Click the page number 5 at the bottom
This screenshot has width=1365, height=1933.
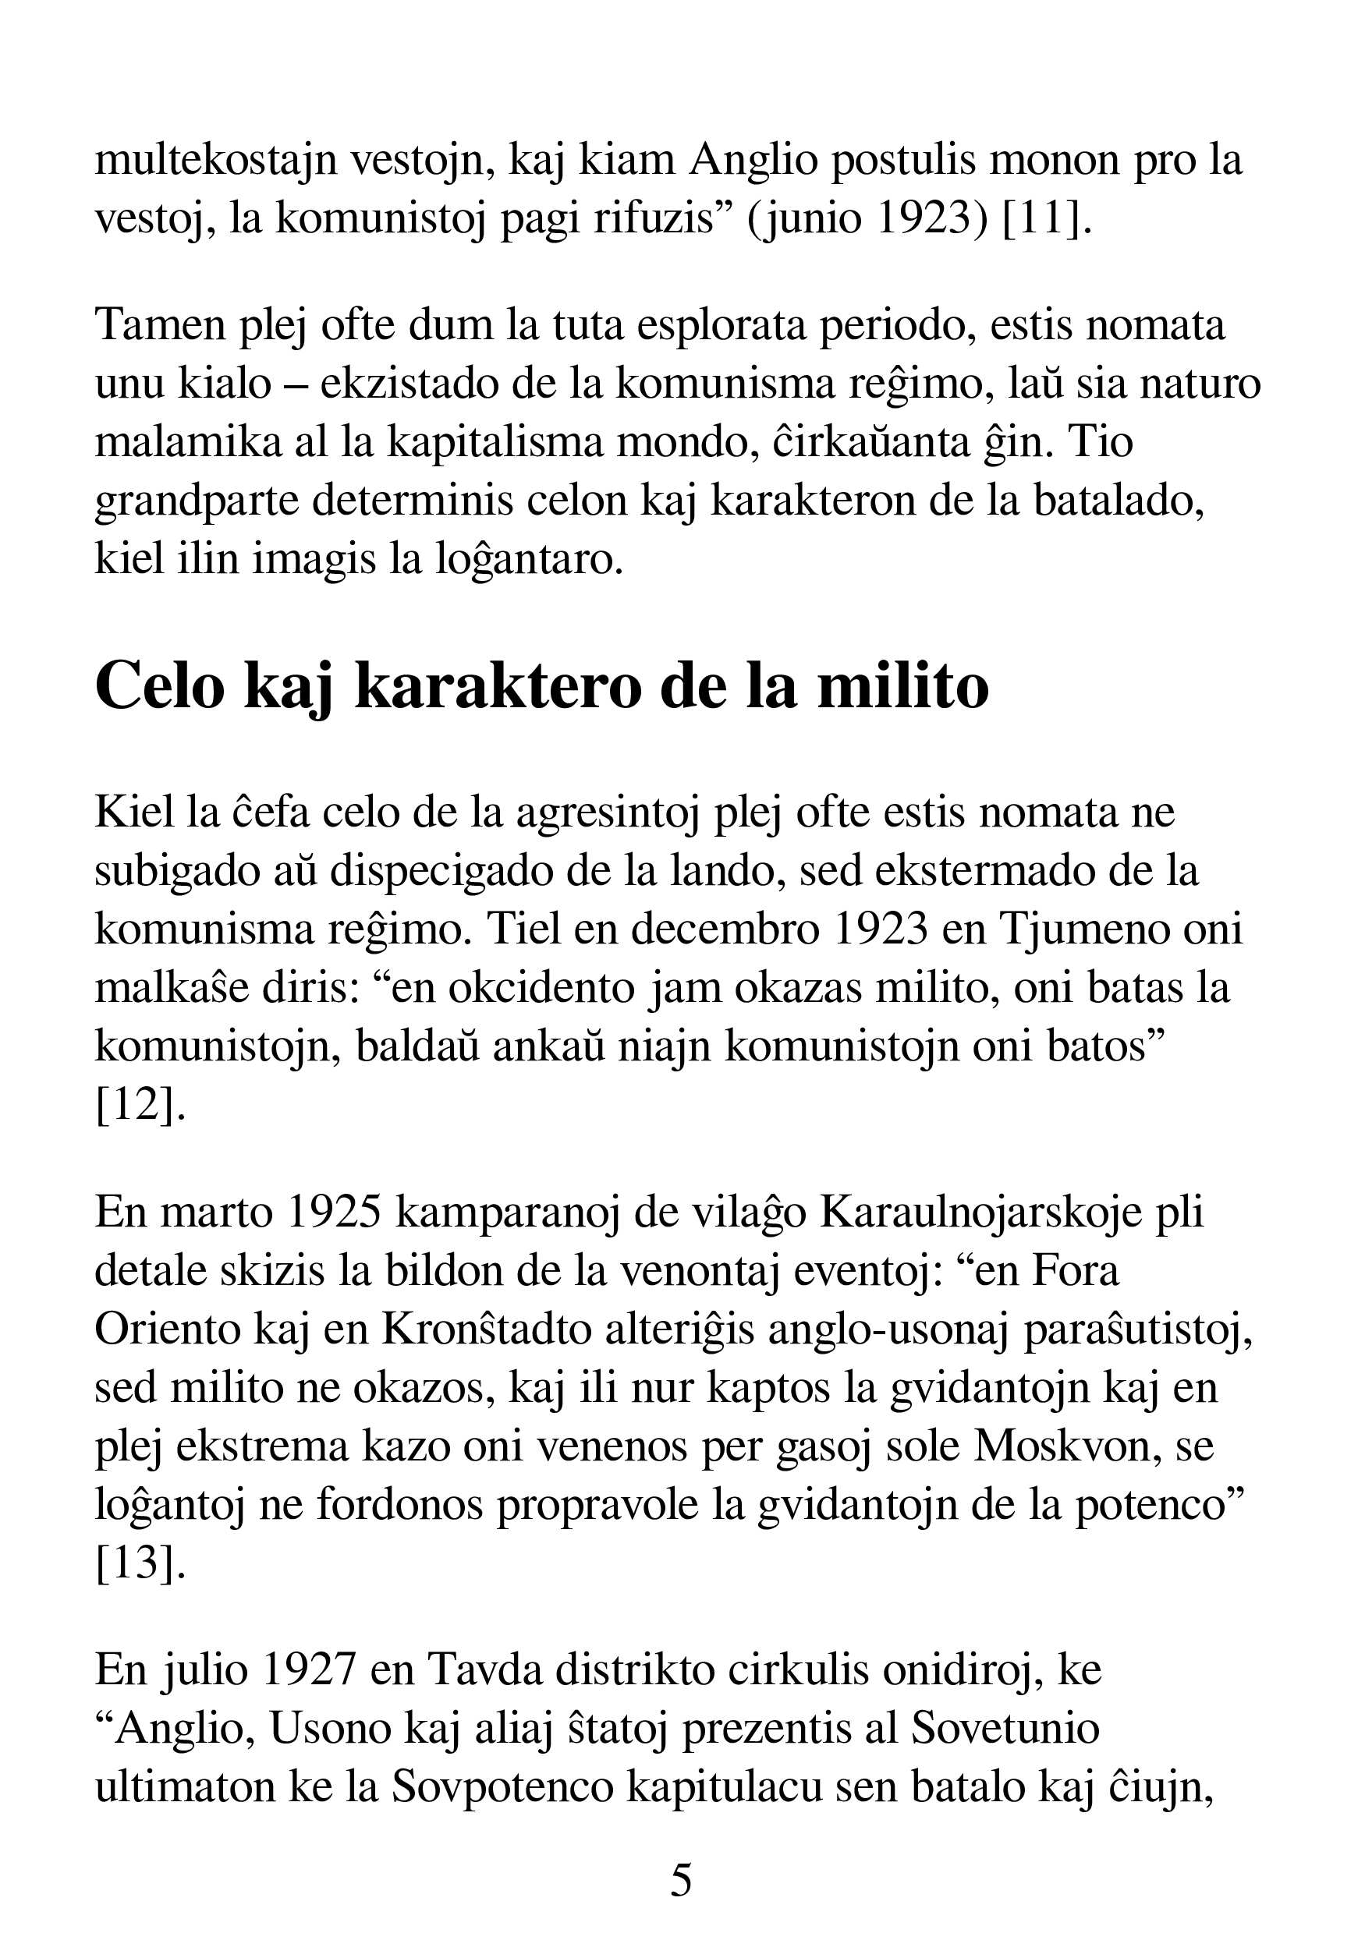681,1879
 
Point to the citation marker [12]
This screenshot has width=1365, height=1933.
140,1105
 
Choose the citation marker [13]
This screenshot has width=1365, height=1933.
140,1563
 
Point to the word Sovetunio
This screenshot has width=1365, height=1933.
1005,1729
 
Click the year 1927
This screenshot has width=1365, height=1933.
309,1670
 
